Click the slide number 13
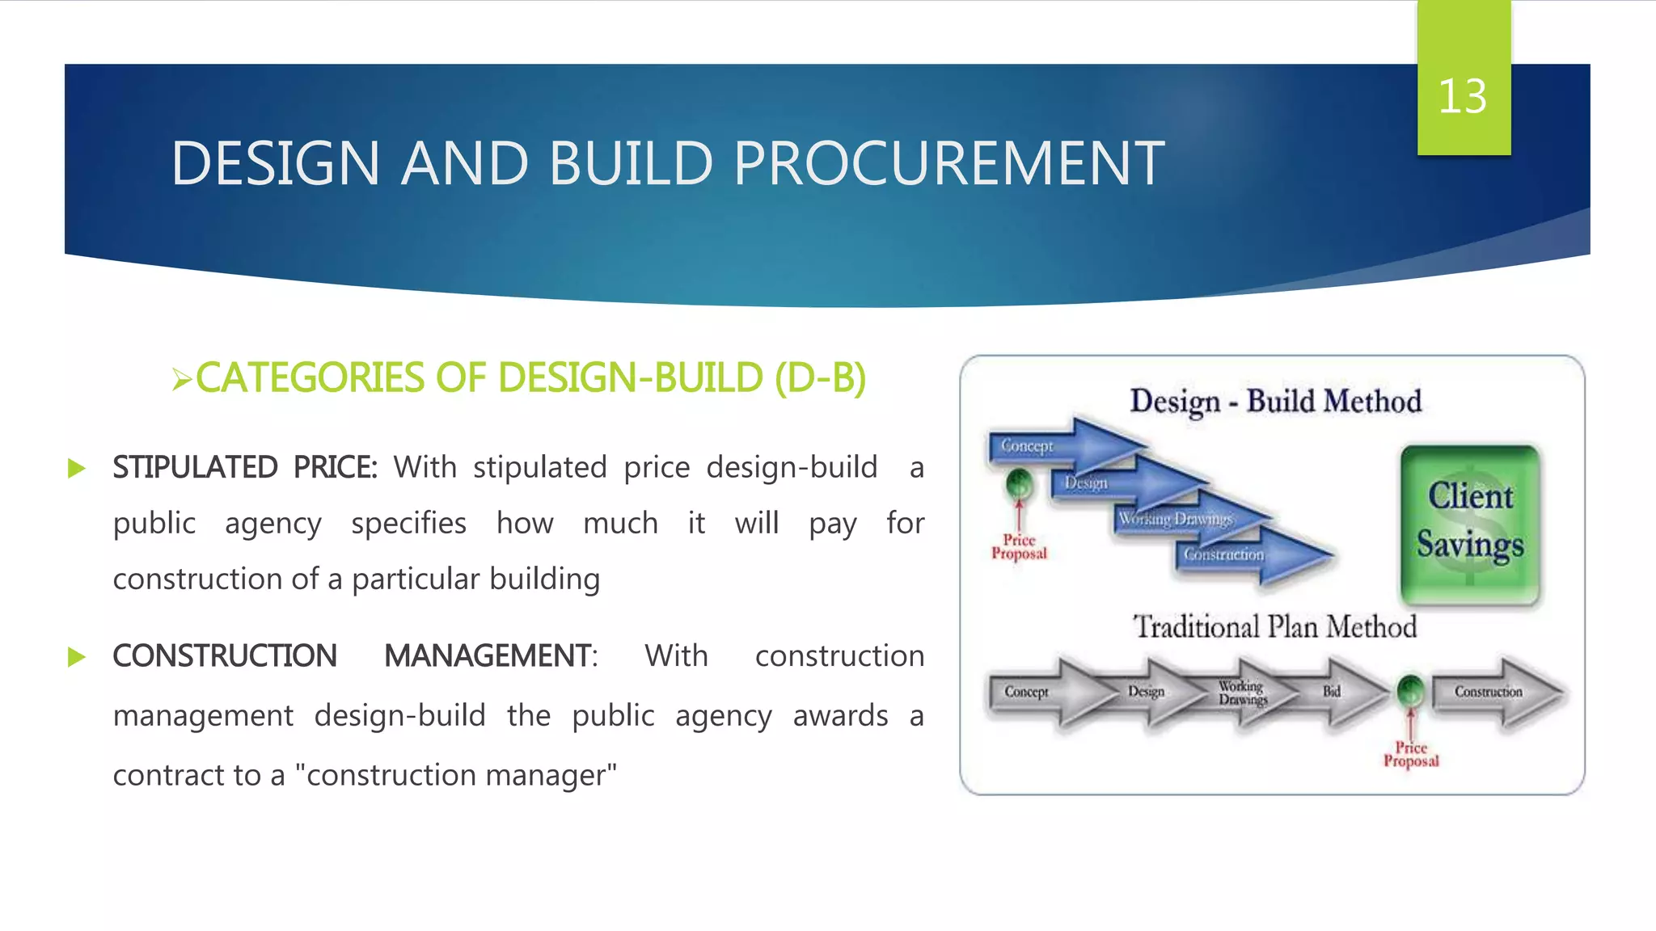(x=1462, y=97)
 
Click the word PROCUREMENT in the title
(x=948, y=164)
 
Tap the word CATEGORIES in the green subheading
(x=310, y=378)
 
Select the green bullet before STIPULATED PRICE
(x=77, y=469)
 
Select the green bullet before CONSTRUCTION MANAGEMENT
(x=77, y=657)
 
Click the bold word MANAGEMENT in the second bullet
(x=489, y=656)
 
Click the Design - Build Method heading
(x=1275, y=402)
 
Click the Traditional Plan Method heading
(x=1274, y=627)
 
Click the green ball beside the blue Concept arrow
(x=1019, y=485)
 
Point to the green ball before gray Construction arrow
(x=1411, y=691)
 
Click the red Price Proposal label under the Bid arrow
(x=1411, y=755)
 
